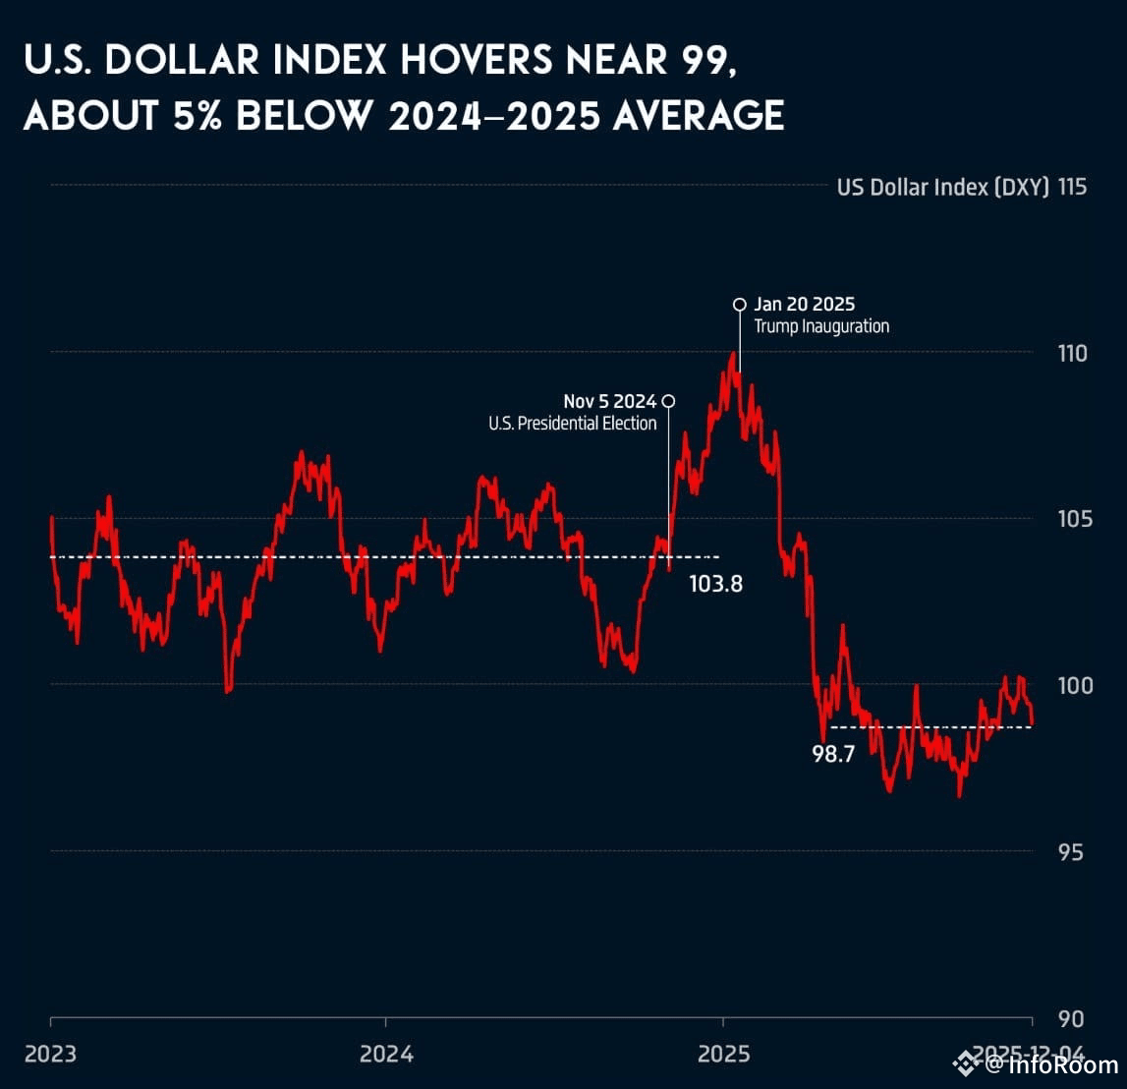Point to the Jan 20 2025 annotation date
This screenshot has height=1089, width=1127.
click(x=805, y=305)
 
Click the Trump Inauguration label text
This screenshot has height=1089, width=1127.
click(x=821, y=326)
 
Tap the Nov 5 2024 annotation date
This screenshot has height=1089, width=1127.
click(x=609, y=401)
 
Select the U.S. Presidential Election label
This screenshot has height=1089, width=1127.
click(x=573, y=424)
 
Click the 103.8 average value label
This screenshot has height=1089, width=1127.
click(x=715, y=584)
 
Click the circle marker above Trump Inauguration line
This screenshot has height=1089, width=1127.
click(x=740, y=304)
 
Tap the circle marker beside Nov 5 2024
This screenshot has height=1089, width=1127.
click(x=669, y=401)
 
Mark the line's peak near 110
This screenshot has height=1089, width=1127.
click(x=732, y=354)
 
